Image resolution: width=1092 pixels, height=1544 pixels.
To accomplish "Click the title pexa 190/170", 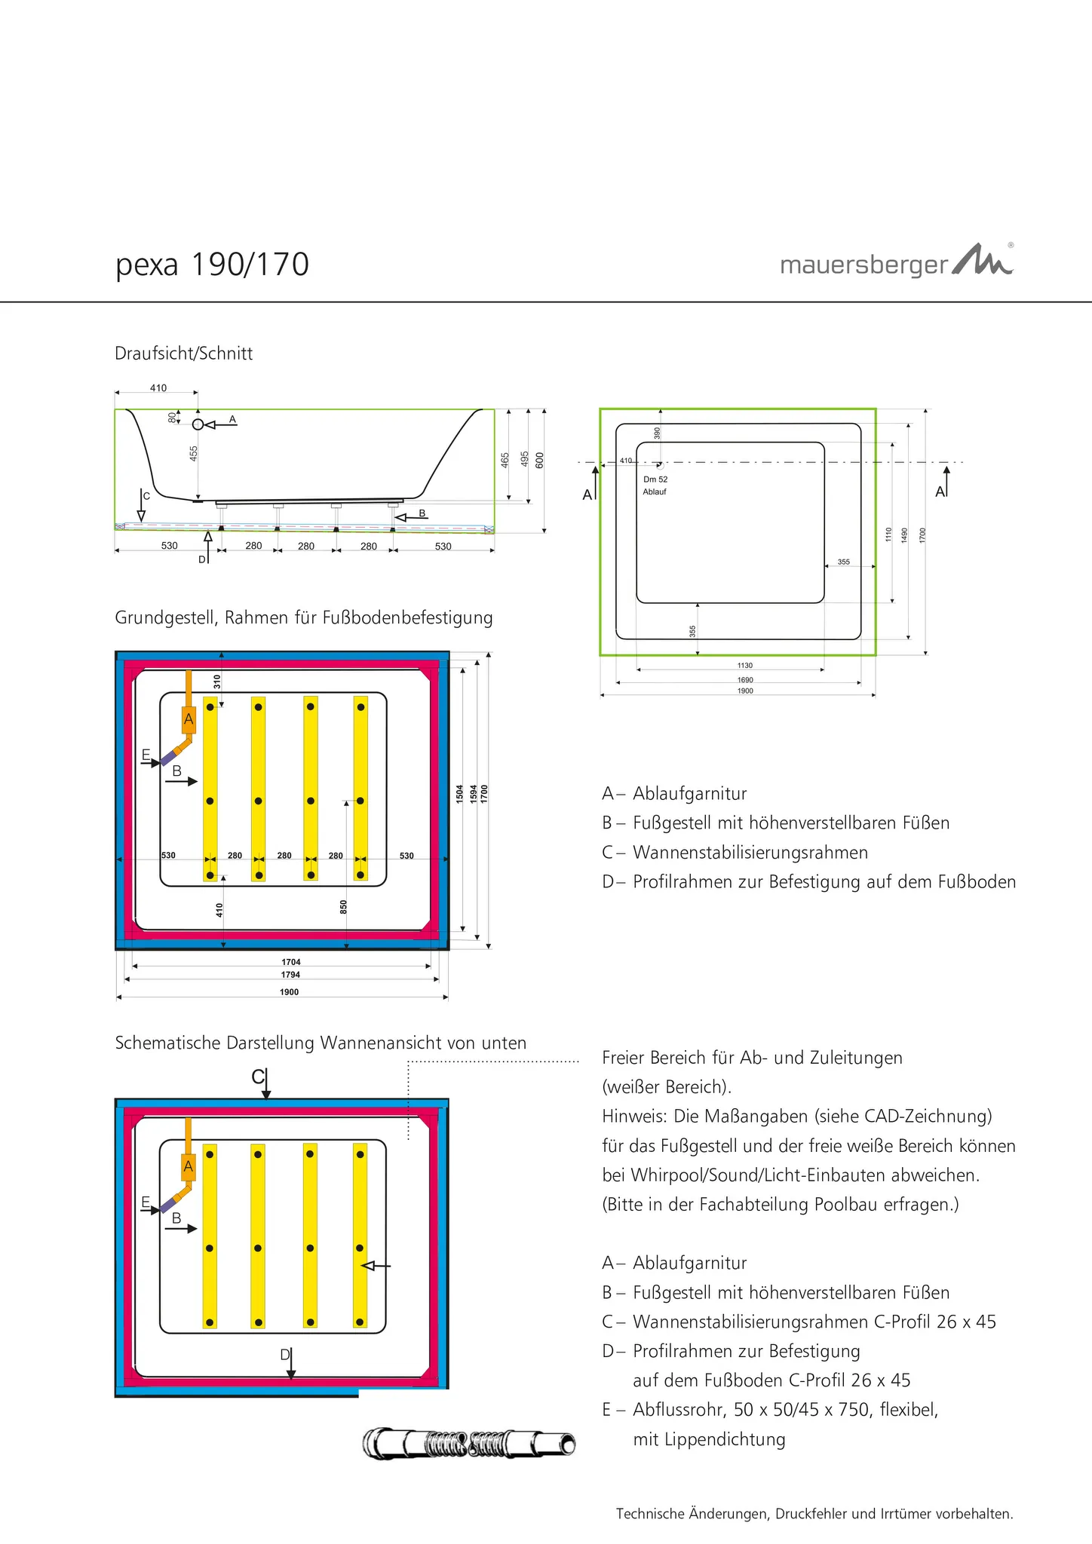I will click(212, 265).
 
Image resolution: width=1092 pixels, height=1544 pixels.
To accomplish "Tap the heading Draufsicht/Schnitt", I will click(183, 353).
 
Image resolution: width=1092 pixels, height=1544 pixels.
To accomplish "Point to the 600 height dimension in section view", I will click(539, 460).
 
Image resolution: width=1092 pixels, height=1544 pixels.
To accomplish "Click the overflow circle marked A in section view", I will click(198, 424).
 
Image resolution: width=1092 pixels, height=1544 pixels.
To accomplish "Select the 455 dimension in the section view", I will click(194, 453).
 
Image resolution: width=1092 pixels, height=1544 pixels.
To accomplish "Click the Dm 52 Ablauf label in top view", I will click(655, 485).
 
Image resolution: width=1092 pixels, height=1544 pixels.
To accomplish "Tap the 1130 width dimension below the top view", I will click(744, 666).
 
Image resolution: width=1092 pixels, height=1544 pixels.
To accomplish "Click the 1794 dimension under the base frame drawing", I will click(290, 975).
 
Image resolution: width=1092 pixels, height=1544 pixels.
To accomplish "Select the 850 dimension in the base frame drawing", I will click(344, 906).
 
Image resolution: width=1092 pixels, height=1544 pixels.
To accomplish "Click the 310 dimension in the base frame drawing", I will click(217, 682).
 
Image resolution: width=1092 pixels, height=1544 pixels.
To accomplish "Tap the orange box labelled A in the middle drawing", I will click(189, 719).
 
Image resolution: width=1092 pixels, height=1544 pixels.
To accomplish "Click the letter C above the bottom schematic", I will click(258, 1077).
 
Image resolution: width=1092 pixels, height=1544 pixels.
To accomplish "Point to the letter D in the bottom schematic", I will click(285, 1355).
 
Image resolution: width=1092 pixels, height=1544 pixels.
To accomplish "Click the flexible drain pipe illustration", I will click(468, 1443).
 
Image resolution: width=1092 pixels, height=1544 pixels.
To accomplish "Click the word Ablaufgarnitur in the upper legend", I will click(689, 793).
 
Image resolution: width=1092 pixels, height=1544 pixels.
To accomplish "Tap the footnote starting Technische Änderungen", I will click(814, 1513).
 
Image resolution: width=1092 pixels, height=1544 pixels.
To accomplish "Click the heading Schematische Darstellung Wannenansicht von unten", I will click(321, 1043).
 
